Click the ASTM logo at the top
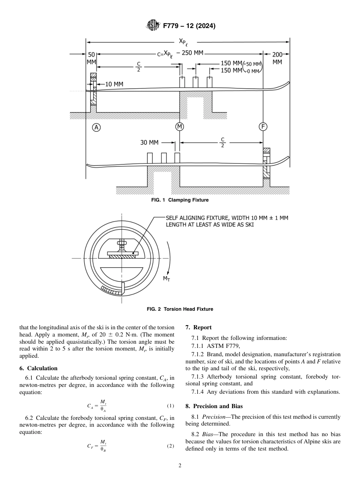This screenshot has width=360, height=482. coord(153,26)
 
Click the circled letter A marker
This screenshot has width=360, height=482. coord(97,127)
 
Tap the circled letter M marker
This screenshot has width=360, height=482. coord(180,127)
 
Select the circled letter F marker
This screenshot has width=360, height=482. coord(263,127)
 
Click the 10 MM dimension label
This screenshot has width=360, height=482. coord(114,84)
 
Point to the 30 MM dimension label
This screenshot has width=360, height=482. coord(149,142)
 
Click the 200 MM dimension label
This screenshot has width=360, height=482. coord(277,58)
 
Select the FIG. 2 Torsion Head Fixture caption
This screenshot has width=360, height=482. coord(180,309)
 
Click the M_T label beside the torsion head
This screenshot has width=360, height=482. coord(166,279)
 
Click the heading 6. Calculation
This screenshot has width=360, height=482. coord(38,368)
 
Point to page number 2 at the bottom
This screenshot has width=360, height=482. coord(180,466)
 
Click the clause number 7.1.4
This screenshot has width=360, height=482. coord(199,392)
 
